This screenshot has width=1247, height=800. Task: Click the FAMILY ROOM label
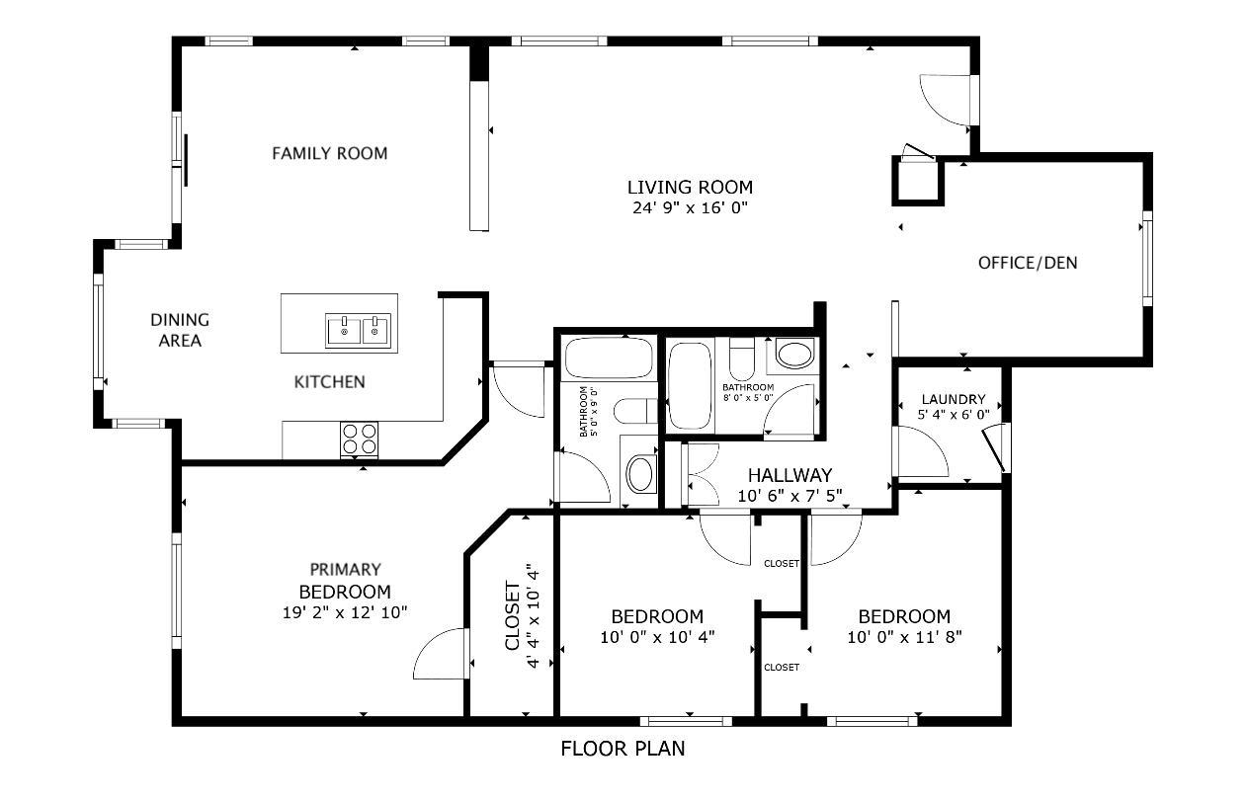click(x=330, y=153)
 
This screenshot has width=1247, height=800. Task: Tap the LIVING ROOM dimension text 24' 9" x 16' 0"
click(x=690, y=208)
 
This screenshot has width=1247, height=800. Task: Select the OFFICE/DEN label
click(x=1028, y=263)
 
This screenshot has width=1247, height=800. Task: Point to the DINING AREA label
click(x=180, y=330)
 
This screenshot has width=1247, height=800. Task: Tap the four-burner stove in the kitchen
click(x=359, y=440)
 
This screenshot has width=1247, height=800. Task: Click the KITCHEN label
click(x=330, y=381)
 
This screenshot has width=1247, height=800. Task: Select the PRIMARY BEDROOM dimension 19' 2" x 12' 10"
click(x=345, y=612)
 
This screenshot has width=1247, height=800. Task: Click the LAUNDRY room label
click(x=954, y=399)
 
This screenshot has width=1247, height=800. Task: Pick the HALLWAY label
click(x=790, y=475)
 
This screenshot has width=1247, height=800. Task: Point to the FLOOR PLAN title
click(x=623, y=749)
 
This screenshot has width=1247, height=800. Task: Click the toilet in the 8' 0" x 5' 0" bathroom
click(x=741, y=360)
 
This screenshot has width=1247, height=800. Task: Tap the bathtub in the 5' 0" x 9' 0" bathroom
click(x=609, y=359)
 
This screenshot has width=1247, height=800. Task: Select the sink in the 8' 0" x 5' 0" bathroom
click(x=794, y=354)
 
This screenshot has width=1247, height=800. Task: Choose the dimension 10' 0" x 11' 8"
click(x=905, y=637)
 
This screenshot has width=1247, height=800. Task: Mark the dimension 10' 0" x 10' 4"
click(x=657, y=637)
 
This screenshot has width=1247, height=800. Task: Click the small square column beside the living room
click(x=918, y=182)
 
